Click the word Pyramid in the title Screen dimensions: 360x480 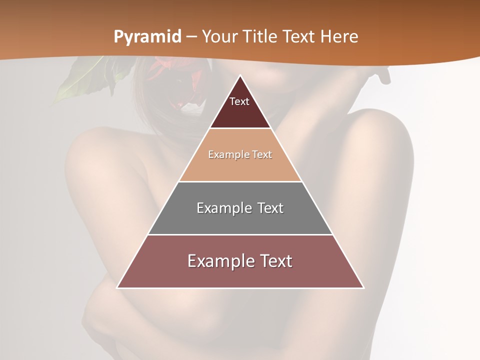coord(147,37)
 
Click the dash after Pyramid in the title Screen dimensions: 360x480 coord(191,37)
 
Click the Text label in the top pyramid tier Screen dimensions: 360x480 coord(239,101)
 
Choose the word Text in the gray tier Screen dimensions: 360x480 coord(270,208)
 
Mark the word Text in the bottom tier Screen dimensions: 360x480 coord(274,261)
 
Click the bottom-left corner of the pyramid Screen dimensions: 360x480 coord(118,287)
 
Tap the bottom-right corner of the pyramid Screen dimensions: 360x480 coord(363,287)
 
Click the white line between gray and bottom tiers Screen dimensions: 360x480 coord(240,234)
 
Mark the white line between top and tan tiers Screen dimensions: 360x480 coord(240,128)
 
